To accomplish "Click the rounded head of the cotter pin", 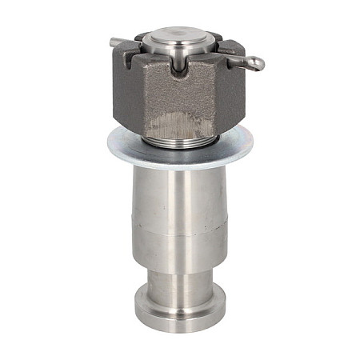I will (x=255, y=62).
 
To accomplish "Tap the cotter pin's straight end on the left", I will (x=117, y=42).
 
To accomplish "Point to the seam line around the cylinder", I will (x=180, y=235).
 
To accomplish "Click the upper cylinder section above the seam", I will (x=180, y=200).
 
